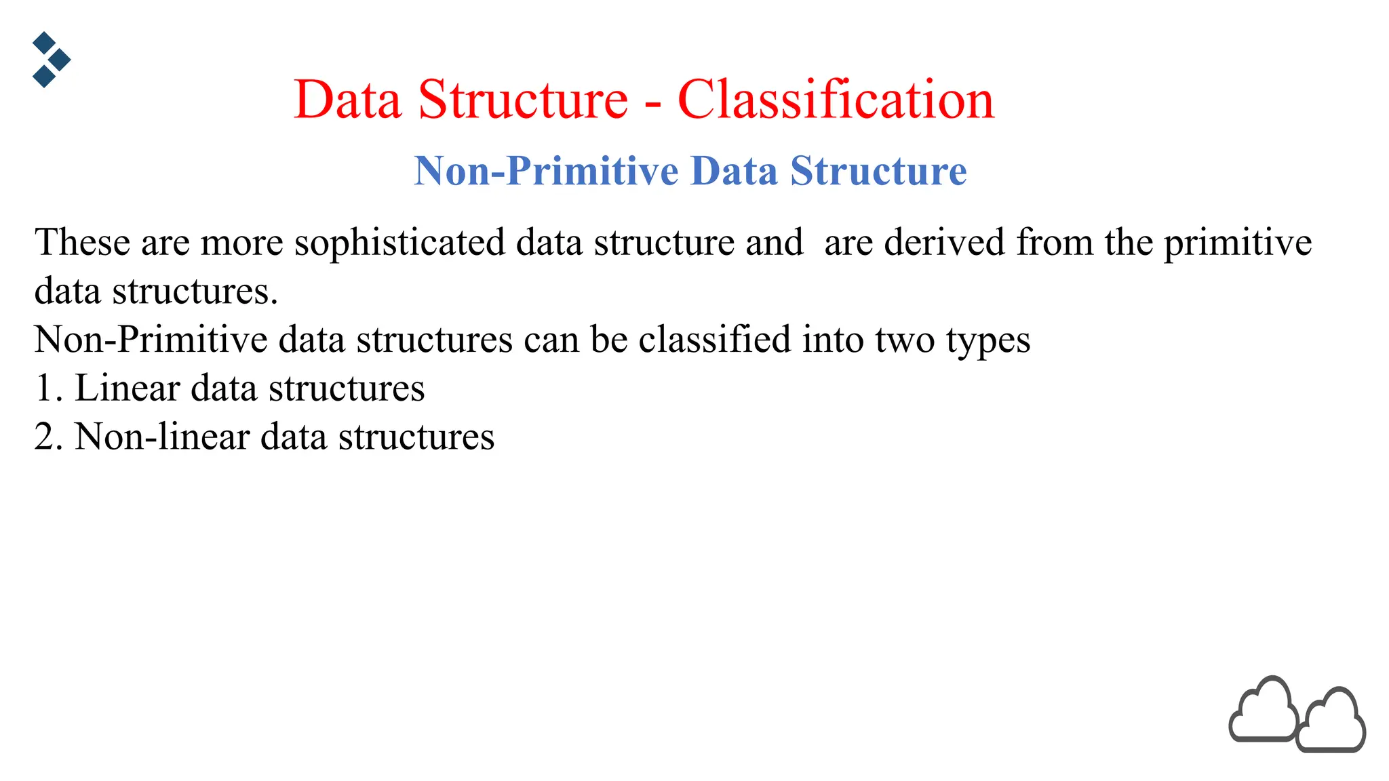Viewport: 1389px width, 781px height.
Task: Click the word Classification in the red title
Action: point(836,100)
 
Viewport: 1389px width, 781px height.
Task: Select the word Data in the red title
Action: point(347,100)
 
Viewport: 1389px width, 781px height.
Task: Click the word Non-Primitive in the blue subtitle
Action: point(546,171)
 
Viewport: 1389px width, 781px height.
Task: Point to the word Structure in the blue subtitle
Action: point(878,171)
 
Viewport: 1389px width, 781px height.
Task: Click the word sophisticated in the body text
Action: point(399,243)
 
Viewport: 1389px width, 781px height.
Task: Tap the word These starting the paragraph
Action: point(82,242)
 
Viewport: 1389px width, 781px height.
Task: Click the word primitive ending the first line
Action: point(1238,243)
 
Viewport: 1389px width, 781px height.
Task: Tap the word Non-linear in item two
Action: point(162,437)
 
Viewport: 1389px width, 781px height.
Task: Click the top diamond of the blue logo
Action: point(44,43)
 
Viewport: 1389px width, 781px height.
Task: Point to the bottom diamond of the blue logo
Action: point(44,76)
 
